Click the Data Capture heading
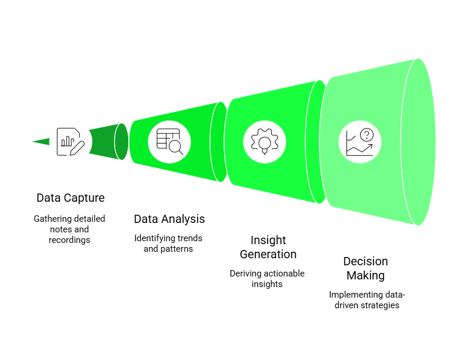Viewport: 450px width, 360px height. (71, 198)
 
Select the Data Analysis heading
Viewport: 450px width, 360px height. (169, 219)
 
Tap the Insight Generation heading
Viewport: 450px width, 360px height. (268, 247)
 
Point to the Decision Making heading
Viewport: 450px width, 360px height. (365, 268)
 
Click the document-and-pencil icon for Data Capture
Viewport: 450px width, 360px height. (70, 141)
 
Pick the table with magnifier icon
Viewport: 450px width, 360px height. (169, 141)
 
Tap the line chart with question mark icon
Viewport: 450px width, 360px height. (360, 142)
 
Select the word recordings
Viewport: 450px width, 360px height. (69, 240)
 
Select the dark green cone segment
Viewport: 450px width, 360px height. (106, 141)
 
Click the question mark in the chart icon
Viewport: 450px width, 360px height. (367, 135)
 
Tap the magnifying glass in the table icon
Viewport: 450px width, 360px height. (176, 148)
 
